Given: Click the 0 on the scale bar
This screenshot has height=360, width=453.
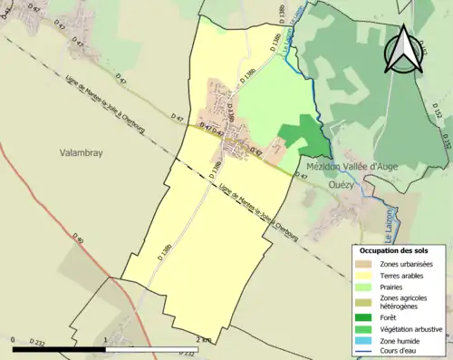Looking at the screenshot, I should coord(14,339).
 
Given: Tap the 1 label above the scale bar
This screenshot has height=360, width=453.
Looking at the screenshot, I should coord(106,339).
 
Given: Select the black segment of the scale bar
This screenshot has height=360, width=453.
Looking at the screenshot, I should coord(60,348).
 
